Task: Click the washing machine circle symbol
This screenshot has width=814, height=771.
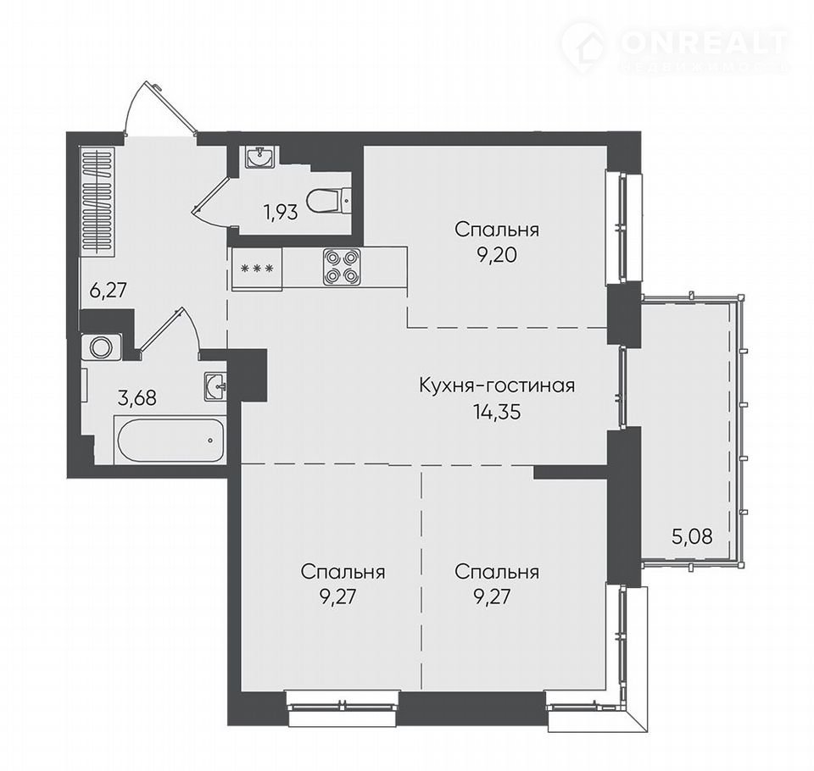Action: point(101,347)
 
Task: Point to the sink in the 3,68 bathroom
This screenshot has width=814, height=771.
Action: point(215,386)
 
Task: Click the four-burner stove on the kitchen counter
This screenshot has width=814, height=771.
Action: point(342,267)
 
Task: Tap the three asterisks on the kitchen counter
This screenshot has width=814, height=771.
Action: point(257,269)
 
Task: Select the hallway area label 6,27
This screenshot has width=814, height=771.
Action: point(108,290)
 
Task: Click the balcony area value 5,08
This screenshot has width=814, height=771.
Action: point(692,535)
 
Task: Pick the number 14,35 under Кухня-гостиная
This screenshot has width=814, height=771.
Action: point(496,412)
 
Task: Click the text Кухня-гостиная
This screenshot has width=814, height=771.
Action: point(497,385)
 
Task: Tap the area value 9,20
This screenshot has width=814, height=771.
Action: point(497,255)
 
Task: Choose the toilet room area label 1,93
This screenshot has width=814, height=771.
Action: point(282,212)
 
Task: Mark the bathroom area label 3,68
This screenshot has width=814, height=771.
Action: point(137,398)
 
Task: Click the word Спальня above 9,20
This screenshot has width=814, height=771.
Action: point(497,230)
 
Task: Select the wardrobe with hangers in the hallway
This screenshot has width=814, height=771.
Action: point(97,202)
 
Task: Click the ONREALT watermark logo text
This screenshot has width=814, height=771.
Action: point(704,42)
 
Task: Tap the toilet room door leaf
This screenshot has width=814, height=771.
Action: point(212,192)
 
